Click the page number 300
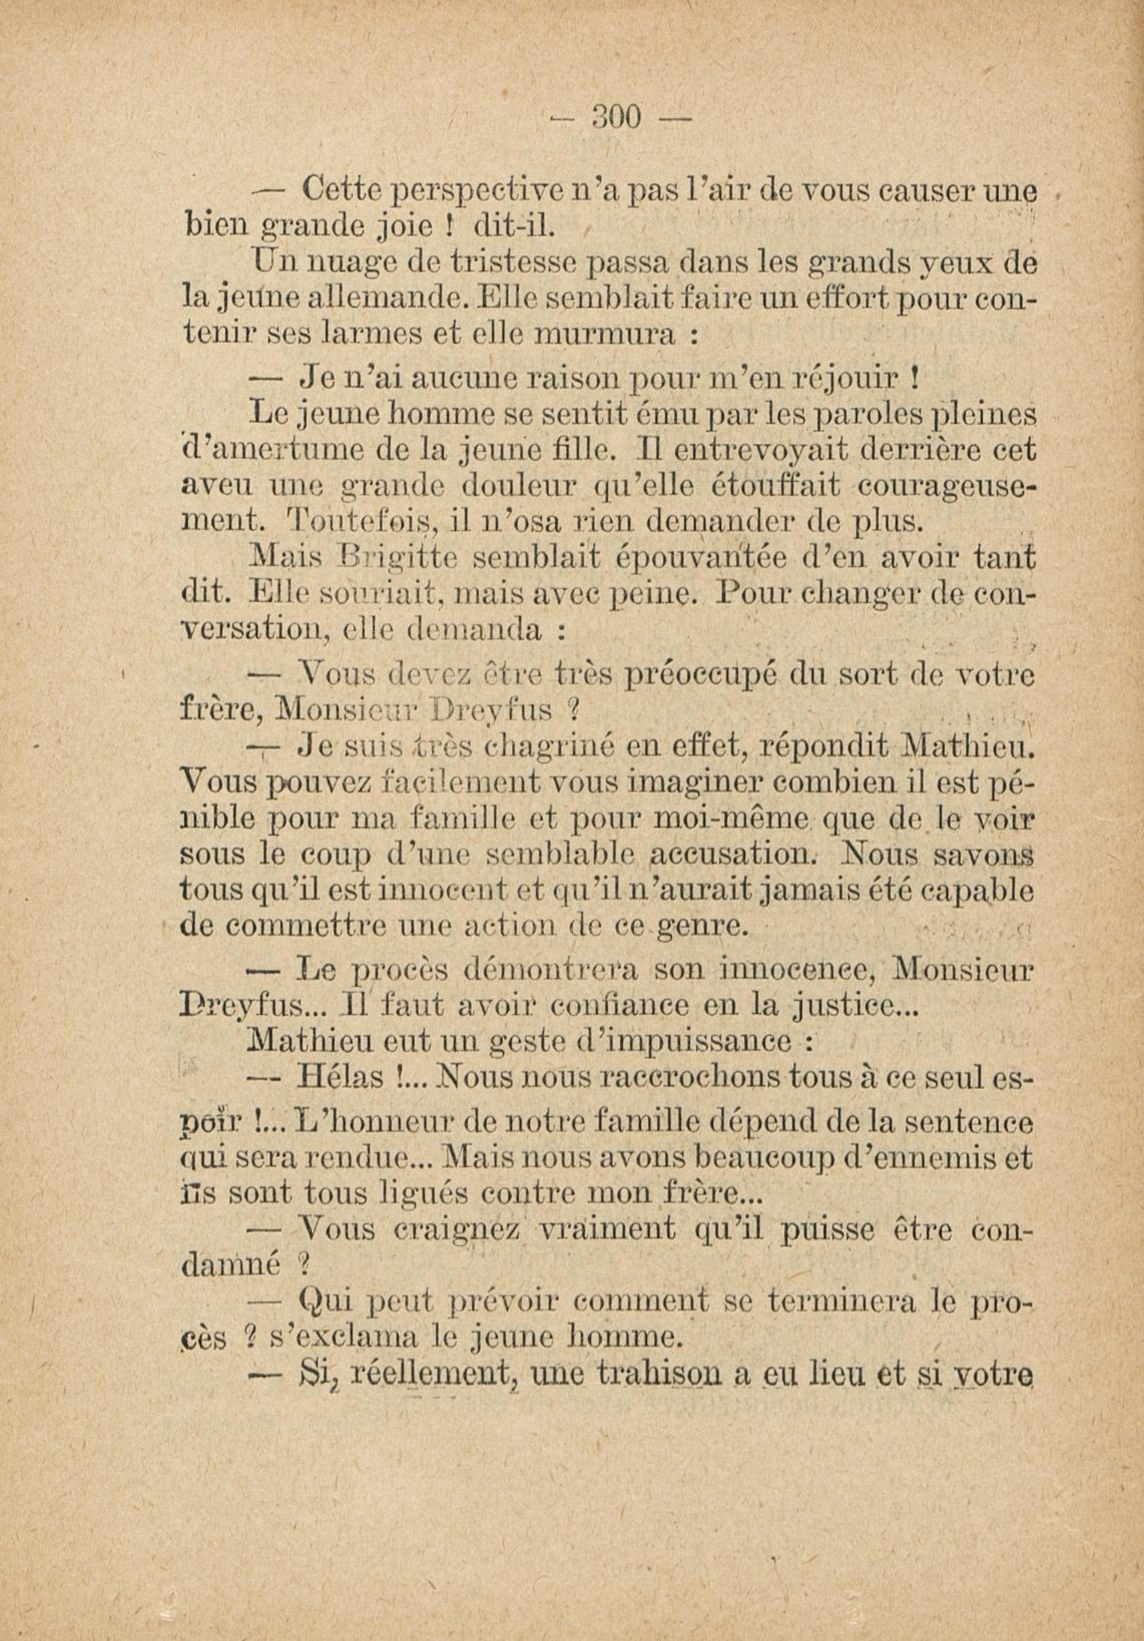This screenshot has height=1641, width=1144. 618,117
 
